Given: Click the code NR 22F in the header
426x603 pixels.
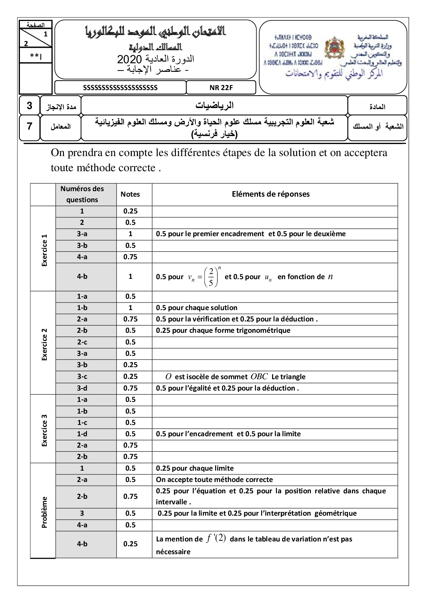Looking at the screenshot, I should (x=221, y=88).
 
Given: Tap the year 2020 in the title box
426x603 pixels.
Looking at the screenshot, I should (x=129, y=59).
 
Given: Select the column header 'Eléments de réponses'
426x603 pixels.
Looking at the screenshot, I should (x=271, y=194).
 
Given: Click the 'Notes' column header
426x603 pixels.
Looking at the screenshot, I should (x=130, y=194).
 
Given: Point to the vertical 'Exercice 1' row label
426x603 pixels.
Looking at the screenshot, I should (x=44, y=250).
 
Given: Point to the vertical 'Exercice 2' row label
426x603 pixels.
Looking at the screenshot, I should (x=44, y=344).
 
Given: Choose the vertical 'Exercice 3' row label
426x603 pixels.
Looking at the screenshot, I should (x=44, y=430).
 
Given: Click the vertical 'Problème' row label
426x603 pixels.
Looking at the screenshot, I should (x=44, y=512).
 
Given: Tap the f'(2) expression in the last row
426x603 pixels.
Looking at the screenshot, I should (x=216, y=538).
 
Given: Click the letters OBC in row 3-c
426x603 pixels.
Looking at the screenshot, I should (x=259, y=377).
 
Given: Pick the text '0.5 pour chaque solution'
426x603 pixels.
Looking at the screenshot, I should (x=197, y=308).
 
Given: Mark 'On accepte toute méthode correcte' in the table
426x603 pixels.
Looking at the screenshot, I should (x=214, y=480).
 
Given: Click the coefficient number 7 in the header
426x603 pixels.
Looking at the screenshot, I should (x=30, y=126).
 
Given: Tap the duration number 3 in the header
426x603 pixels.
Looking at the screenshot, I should (x=30, y=106).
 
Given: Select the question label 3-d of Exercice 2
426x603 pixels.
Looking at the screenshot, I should (x=82, y=388).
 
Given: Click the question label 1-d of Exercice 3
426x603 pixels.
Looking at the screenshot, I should (x=82, y=434).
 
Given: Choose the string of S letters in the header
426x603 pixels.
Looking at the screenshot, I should (x=120, y=88).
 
